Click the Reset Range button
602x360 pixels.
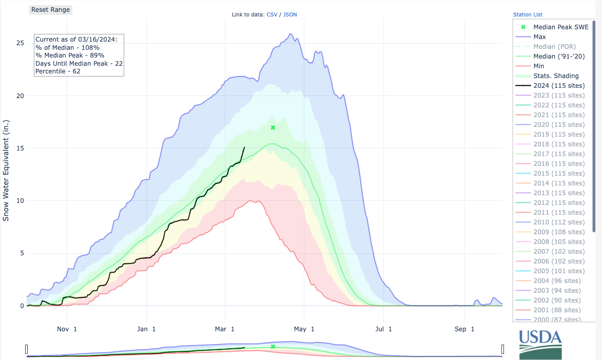click(50, 10)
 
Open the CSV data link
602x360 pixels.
click(271, 15)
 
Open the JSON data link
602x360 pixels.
click(289, 15)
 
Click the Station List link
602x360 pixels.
click(528, 15)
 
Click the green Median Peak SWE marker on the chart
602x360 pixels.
click(273, 127)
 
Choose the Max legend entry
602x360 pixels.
click(539, 37)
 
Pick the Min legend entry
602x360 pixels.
click(539, 66)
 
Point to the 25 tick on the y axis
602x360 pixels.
click(20, 43)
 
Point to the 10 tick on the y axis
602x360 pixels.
click(20, 201)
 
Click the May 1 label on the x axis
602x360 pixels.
click(304, 329)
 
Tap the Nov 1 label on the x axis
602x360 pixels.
click(67, 329)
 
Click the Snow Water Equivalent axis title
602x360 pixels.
click(6, 175)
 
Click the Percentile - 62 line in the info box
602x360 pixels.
click(58, 71)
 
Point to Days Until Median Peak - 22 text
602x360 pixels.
click(79, 63)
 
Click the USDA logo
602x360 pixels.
click(540, 345)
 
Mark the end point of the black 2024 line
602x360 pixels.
click(244, 147)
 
